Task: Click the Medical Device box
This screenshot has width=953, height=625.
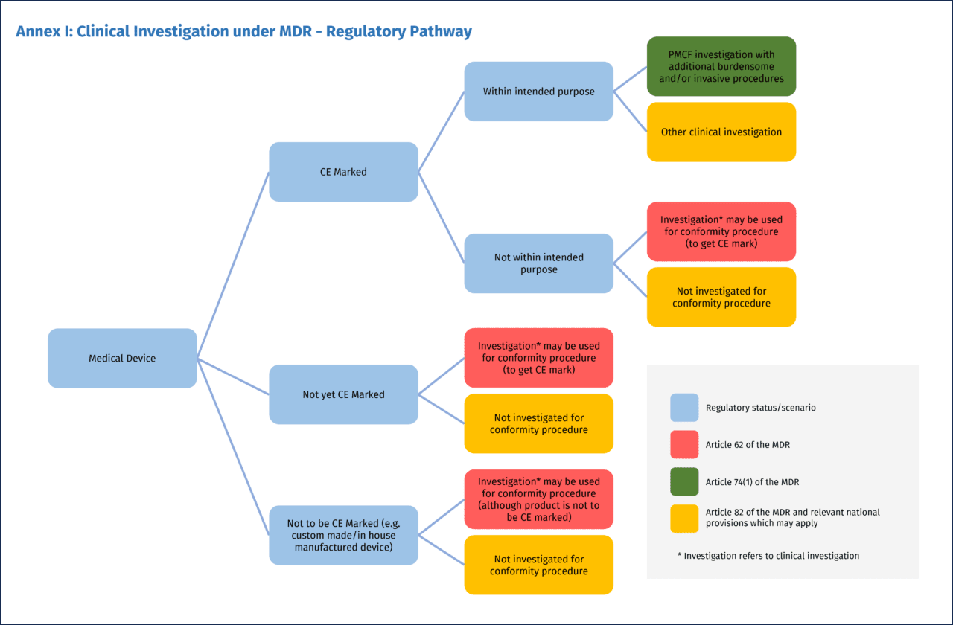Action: (122, 358)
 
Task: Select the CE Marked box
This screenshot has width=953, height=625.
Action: (343, 172)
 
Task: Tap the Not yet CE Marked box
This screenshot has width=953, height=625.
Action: (343, 394)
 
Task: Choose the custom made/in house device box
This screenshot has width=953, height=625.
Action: (343, 535)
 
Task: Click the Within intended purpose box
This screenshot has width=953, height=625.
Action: (538, 92)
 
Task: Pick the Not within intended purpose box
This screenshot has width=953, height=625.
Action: (538, 263)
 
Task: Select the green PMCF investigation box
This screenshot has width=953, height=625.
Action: (721, 66)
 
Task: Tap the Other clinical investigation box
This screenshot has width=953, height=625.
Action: (721, 132)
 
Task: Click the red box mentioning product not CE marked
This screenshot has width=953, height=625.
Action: (538, 499)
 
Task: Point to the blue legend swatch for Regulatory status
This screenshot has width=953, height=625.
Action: (684, 408)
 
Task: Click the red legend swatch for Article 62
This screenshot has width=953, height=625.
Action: (684, 444)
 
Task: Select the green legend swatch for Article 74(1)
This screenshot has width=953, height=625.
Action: (684, 481)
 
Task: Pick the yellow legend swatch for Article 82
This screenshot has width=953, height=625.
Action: (684, 518)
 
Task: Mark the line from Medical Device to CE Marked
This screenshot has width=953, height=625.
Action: (232, 266)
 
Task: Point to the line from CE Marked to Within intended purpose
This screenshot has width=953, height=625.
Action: (441, 132)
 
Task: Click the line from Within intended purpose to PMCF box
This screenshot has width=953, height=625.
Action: (630, 79)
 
